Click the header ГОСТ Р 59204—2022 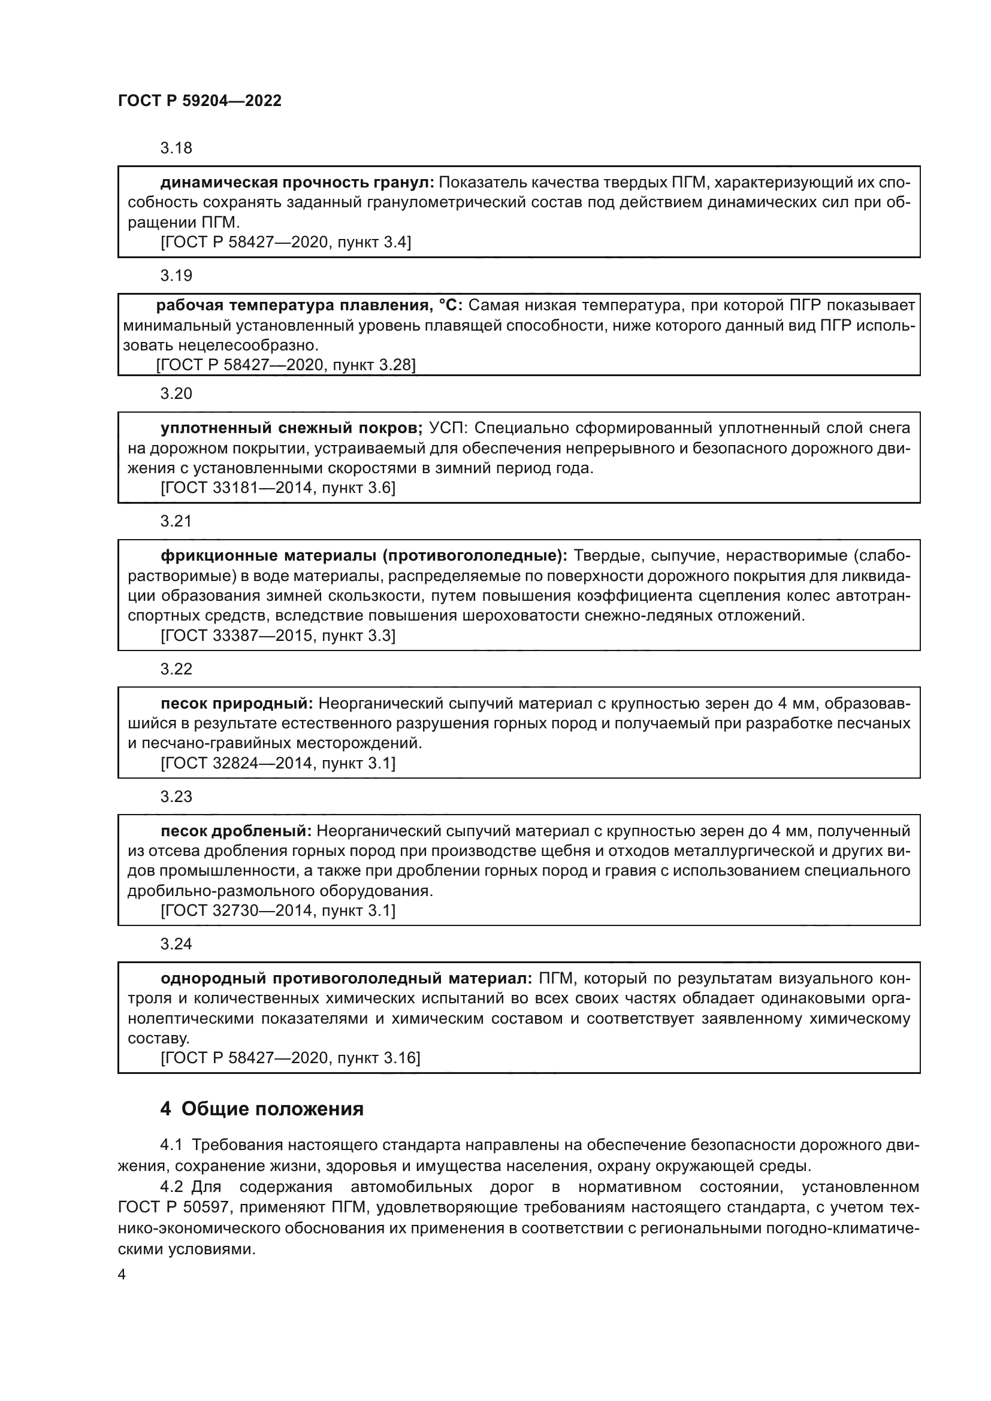[200, 101]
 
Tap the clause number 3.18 [176, 149]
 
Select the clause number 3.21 [176, 521]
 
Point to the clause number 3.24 [176, 944]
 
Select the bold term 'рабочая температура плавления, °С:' [309, 305]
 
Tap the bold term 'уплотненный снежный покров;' [292, 428]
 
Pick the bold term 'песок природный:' [237, 704]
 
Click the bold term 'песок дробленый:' [236, 831]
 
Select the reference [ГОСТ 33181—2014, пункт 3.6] [277, 488]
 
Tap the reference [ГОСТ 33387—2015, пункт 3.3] [277, 636]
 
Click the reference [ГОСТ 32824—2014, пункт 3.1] [277, 763]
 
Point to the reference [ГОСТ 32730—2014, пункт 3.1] [277, 911]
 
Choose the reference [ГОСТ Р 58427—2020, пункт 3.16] [290, 1058]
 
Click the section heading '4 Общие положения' [262, 1109]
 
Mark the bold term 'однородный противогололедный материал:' [346, 979]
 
